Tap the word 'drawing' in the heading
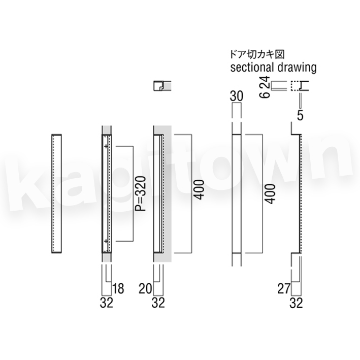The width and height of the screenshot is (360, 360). click(297, 68)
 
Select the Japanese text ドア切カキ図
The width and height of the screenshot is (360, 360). click(257, 54)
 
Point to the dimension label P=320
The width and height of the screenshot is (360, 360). click(141, 193)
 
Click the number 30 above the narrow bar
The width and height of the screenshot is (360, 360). click(237, 96)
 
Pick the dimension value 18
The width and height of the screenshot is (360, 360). click(118, 288)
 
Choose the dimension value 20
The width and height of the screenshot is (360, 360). click(145, 288)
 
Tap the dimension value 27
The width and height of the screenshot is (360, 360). click(284, 288)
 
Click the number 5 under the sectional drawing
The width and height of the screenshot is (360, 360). click(300, 115)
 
